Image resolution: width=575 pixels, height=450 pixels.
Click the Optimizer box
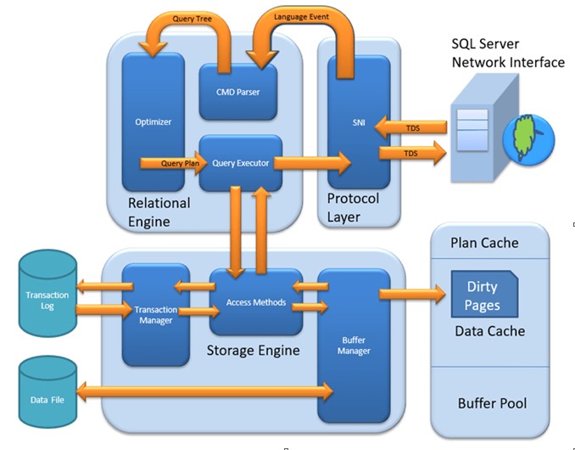(154, 121)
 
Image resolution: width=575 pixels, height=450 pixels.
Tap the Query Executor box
(240, 162)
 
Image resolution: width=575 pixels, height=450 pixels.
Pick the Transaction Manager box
(154, 314)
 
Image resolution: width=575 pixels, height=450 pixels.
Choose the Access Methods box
(255, 302)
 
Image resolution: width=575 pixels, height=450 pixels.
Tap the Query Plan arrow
(169, 162)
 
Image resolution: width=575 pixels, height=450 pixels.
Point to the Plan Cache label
(484, 243)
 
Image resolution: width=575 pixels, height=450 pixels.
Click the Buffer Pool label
(491, 403)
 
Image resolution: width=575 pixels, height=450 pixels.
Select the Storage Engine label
(253, 350)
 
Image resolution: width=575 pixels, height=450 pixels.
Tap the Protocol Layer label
(353, 208)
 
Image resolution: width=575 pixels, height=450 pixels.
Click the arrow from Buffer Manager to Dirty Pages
(413, 294)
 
